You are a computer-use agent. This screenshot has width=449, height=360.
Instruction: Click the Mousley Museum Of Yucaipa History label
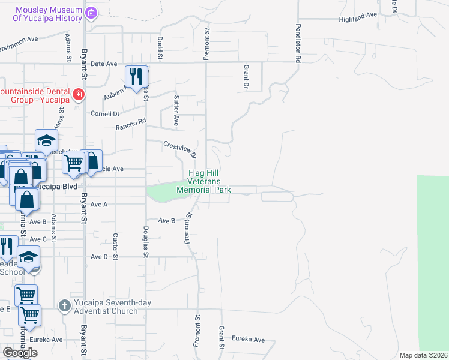(x=48, y=14)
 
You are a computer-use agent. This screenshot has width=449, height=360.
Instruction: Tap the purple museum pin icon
(x=91, y=13)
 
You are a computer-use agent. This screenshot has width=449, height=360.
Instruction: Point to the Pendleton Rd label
(x=297, y=44)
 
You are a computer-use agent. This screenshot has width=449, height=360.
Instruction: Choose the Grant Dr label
(x=246, y=76)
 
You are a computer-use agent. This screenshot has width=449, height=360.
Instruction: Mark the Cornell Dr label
(x=105, y=113)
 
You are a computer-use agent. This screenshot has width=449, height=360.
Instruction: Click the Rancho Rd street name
(x=131, y=124)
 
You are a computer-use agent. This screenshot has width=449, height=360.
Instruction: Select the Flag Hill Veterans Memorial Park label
(x=204, y=181)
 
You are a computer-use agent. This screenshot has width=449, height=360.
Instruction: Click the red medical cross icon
(x=78, y=95)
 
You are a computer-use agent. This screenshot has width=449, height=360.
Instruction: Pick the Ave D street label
(x=98, y=257)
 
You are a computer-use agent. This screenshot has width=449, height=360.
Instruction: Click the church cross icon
(x=65, y=306)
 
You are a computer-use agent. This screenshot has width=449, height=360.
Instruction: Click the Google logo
(x=20, y=352)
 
